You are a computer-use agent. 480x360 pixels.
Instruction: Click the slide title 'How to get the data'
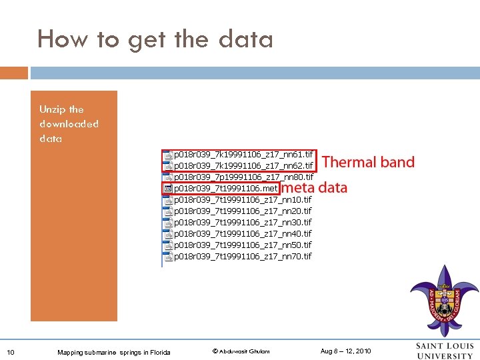coord(155,39)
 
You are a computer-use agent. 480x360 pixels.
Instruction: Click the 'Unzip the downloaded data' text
coord(69,124)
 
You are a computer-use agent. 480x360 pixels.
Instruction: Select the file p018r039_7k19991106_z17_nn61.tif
coord(242,155)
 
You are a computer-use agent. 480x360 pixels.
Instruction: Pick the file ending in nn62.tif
coord(242,166)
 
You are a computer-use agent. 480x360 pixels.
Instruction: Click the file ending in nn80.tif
coord(243,177)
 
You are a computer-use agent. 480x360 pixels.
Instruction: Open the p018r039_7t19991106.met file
coord(225,189)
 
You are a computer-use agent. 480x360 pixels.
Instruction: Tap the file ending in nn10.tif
coord(242,200)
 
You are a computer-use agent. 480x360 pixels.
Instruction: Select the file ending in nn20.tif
coord(242,211)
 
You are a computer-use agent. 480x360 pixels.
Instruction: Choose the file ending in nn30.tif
coord(242,223)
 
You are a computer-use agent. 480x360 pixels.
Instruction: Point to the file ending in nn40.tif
coord(242,234)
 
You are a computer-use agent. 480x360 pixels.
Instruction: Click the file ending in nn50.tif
coord(242,245)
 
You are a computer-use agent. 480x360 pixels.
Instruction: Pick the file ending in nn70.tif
coord(242,257)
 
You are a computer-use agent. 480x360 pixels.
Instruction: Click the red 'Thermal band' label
coord(368,162)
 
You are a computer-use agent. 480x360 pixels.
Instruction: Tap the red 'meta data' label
coord(314,188)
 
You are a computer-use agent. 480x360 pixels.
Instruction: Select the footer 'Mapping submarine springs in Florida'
coord(114,352)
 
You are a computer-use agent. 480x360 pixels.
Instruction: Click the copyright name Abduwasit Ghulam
coord(241,351)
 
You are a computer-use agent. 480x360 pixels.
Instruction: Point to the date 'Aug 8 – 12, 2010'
coord(346,351)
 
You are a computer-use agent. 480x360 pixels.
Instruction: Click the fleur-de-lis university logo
coord(444,301)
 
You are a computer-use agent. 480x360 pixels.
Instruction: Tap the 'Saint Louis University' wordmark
coord(444,351)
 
